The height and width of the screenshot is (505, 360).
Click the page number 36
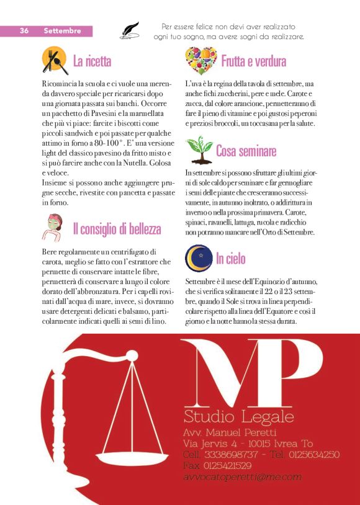pyautogui.click(x=25, y=30)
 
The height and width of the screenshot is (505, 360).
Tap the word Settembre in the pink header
pyautogui.click(x=62, y=30)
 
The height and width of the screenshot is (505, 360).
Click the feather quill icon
pyautogui.click(x=129, y=30)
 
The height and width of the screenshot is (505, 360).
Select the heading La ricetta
pyautogui.click(x=92, y=61)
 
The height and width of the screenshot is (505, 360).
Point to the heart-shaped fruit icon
pyautogui.click(x=200, y=61)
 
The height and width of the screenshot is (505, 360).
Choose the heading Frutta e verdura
pyautogui.click(x=253, y=61)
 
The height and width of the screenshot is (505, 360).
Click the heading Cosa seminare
pyautogui.click(x=246, y=150)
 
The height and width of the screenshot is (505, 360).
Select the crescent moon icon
pyautogui.click(x=199, y=257)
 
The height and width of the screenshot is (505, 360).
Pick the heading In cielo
pyautogui.click(x=230, y=258)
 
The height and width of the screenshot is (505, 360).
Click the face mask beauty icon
pyautogui.click(x=54, y=226)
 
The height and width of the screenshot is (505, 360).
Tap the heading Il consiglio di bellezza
pyautogui.click(x=117, y=229)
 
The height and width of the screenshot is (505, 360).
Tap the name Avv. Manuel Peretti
pyautogui.click(x=230, y=432)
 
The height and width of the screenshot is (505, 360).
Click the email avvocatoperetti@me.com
pyautogui.click(x=242, y=477)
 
